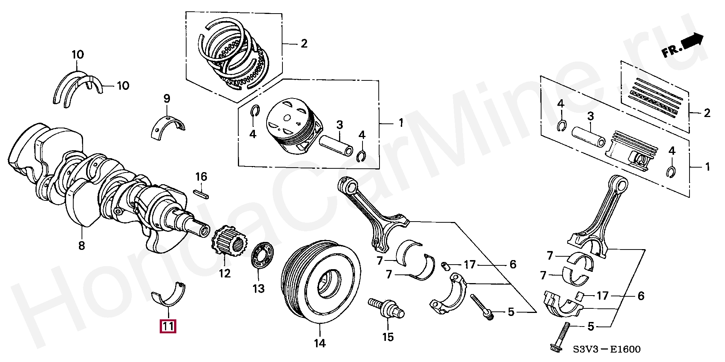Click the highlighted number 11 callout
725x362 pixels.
coord(168,326)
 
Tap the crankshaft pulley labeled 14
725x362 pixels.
coord(321,281)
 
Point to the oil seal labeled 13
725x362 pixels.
coord(262,256)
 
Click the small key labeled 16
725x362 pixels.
coord(201,194)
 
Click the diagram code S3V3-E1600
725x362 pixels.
coord(606,350)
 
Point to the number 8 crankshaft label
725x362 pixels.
coord(82,246)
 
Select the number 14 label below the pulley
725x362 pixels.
coord(319,344)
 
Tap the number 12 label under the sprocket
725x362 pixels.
coord(225,273)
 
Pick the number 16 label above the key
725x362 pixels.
coord(201,177)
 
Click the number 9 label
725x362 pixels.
coord(167,99)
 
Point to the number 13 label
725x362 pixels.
coord(258,289)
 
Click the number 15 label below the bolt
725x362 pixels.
coord(388,337)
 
